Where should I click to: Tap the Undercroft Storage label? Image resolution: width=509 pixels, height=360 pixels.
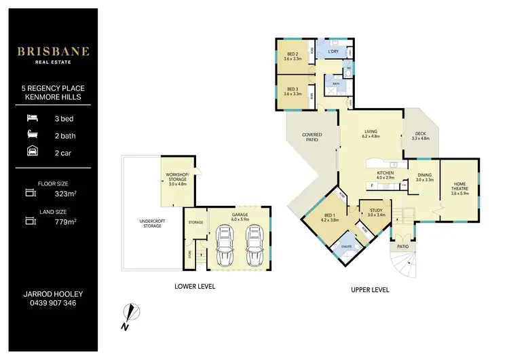[151, 223]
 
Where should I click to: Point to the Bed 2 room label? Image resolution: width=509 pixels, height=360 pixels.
[293, 57]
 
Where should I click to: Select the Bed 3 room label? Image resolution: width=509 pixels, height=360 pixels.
[293, 91]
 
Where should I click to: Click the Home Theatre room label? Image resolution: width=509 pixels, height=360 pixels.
[459, 186]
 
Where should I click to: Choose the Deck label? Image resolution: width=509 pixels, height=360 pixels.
[421, 136]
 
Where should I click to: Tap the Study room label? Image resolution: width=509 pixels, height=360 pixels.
[375, 213]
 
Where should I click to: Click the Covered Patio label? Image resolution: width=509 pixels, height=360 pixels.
[312, 137]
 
